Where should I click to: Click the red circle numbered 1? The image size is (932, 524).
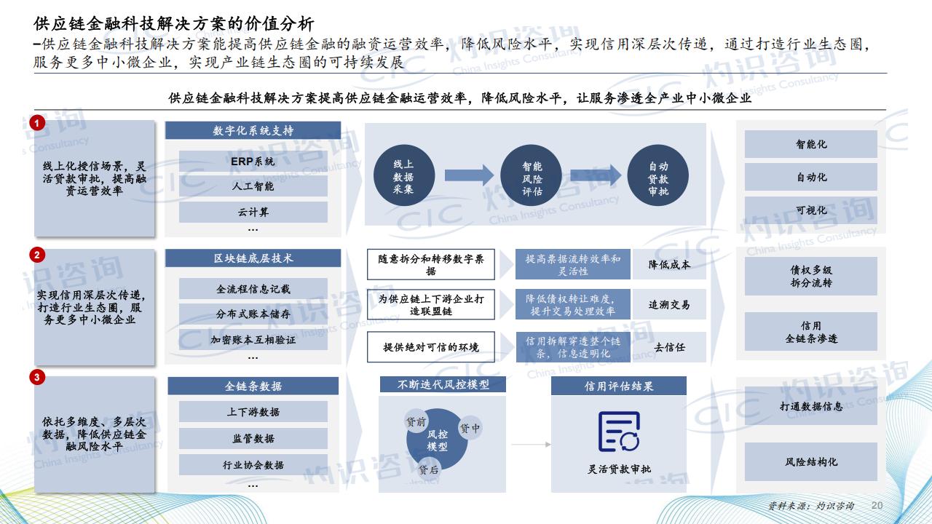(37, 123)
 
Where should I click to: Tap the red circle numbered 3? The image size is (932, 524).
(37, 377)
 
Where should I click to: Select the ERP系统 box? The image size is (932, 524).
(253, 162)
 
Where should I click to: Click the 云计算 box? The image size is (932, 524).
(253, 212)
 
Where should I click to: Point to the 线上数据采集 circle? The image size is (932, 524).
(404, 175)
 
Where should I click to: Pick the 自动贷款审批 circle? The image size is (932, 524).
(657, 175)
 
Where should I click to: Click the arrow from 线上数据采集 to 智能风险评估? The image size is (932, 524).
(469, 175)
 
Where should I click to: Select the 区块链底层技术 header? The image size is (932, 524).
(253, 258)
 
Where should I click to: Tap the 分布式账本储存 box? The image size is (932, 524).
(253, 314)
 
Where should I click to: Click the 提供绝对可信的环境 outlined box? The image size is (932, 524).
(431, 347)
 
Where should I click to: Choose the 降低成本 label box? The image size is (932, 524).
(669, 264)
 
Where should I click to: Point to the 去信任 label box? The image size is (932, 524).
(669, 347)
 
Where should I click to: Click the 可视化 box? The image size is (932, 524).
(811, 210)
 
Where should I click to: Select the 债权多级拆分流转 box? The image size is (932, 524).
(811, 276)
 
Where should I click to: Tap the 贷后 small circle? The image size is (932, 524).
(429, 469)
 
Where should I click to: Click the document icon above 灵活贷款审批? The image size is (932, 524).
(619, 432)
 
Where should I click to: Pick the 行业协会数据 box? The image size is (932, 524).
(253, 464)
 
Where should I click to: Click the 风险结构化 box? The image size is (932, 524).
(811, 461)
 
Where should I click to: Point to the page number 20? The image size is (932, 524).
(877, 505)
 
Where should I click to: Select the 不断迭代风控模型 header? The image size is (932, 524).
(443, 384)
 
